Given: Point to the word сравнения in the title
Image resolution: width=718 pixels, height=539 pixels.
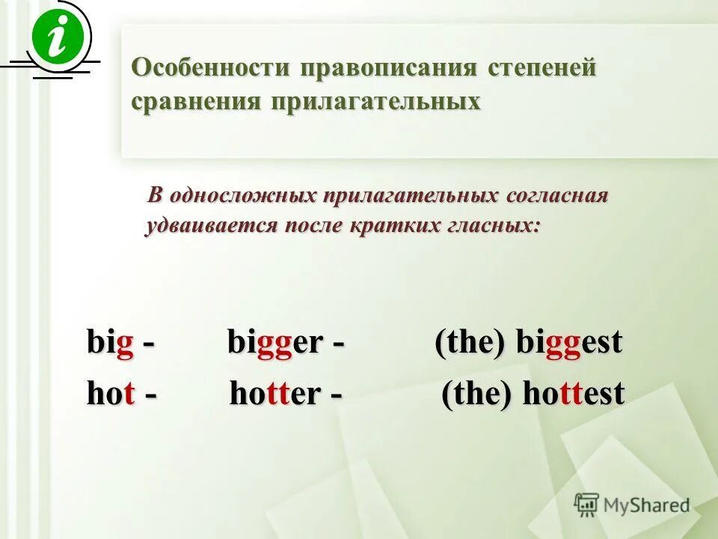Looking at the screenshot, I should point(191,101).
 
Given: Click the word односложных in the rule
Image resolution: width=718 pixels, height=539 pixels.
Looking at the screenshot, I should point(244,196).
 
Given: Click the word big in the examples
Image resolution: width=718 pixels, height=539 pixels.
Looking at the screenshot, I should point(111,344).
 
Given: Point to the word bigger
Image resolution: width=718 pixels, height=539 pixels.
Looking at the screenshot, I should point(275,344).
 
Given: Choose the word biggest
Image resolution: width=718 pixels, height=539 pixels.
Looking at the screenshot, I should point(569,344).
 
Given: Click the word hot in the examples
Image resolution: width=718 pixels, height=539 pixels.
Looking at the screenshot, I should point(111,395).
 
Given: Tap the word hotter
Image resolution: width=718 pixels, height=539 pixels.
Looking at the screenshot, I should point(275,395).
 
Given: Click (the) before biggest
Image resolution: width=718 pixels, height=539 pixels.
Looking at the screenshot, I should point(472,344).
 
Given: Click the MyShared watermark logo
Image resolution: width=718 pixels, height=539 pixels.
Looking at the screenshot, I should point(632,505).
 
